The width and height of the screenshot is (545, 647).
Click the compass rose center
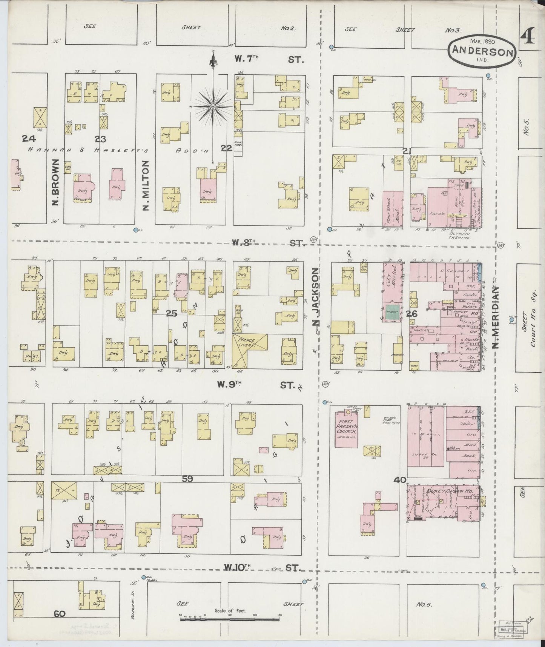(213, 107)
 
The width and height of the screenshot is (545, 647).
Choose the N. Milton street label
(146, 185)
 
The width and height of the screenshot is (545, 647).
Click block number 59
(187, 479)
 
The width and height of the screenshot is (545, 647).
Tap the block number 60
(60, 614)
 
